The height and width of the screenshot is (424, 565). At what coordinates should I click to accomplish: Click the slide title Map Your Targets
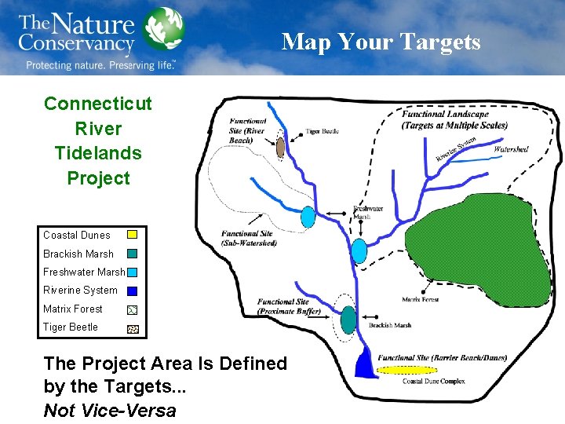tap(381, 41)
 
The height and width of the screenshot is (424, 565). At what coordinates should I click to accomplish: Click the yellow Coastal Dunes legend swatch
tap(133, 234)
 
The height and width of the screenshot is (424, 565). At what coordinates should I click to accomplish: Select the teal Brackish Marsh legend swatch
tap(133, 254)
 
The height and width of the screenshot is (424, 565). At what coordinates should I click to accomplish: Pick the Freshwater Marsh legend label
tap(84, 272)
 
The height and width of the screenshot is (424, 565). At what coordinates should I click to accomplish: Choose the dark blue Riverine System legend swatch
tap(133, 290)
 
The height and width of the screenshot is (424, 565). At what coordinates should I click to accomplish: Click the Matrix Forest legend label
tap(73, 309)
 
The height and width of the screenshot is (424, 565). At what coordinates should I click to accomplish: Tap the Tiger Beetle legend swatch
tap(133, 327)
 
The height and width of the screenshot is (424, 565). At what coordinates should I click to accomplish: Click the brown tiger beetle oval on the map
tap(281, 146)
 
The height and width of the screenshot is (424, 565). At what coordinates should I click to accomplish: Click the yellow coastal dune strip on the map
tap(407, 369)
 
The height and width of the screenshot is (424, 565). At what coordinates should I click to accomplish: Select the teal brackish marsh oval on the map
tap(348, 320)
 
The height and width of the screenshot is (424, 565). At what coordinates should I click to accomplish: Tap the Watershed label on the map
tap(511, 149)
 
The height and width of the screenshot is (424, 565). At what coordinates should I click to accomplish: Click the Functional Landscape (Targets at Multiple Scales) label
tap(454, 120)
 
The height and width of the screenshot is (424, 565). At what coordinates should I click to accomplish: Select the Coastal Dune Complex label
tap(433, 382)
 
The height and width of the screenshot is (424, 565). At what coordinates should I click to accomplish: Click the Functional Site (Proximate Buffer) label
tap(283, 306)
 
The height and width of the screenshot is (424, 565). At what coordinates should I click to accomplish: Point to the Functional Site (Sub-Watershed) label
tap(249, 238)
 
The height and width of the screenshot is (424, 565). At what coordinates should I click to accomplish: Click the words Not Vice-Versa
tap(110, 410)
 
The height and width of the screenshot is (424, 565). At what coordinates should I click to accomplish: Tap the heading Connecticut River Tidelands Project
tap(98, 141)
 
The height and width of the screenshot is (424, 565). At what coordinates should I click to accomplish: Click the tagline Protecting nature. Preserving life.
tap(100, 65)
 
